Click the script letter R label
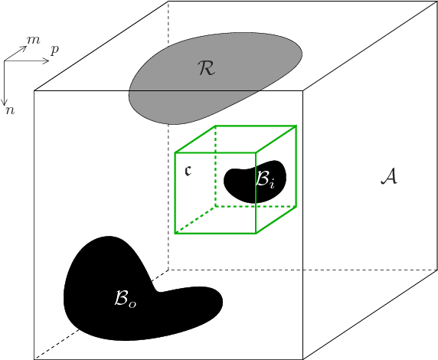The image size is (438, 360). [206, 69]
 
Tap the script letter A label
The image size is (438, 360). [389, 178]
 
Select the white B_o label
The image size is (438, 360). [125, 299]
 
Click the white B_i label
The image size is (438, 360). [265, 181]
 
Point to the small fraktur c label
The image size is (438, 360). [189, 170]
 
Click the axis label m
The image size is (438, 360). [33, 40]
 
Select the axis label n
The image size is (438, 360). [10, 110]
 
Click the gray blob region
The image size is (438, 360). [176, 84]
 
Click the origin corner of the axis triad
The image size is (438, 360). [5, 61]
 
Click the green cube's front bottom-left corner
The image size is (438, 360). [175, 233]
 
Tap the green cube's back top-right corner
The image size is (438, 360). [296, 126]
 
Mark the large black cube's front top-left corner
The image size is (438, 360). [34, 90]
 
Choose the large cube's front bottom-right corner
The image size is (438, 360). [303, 358]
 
